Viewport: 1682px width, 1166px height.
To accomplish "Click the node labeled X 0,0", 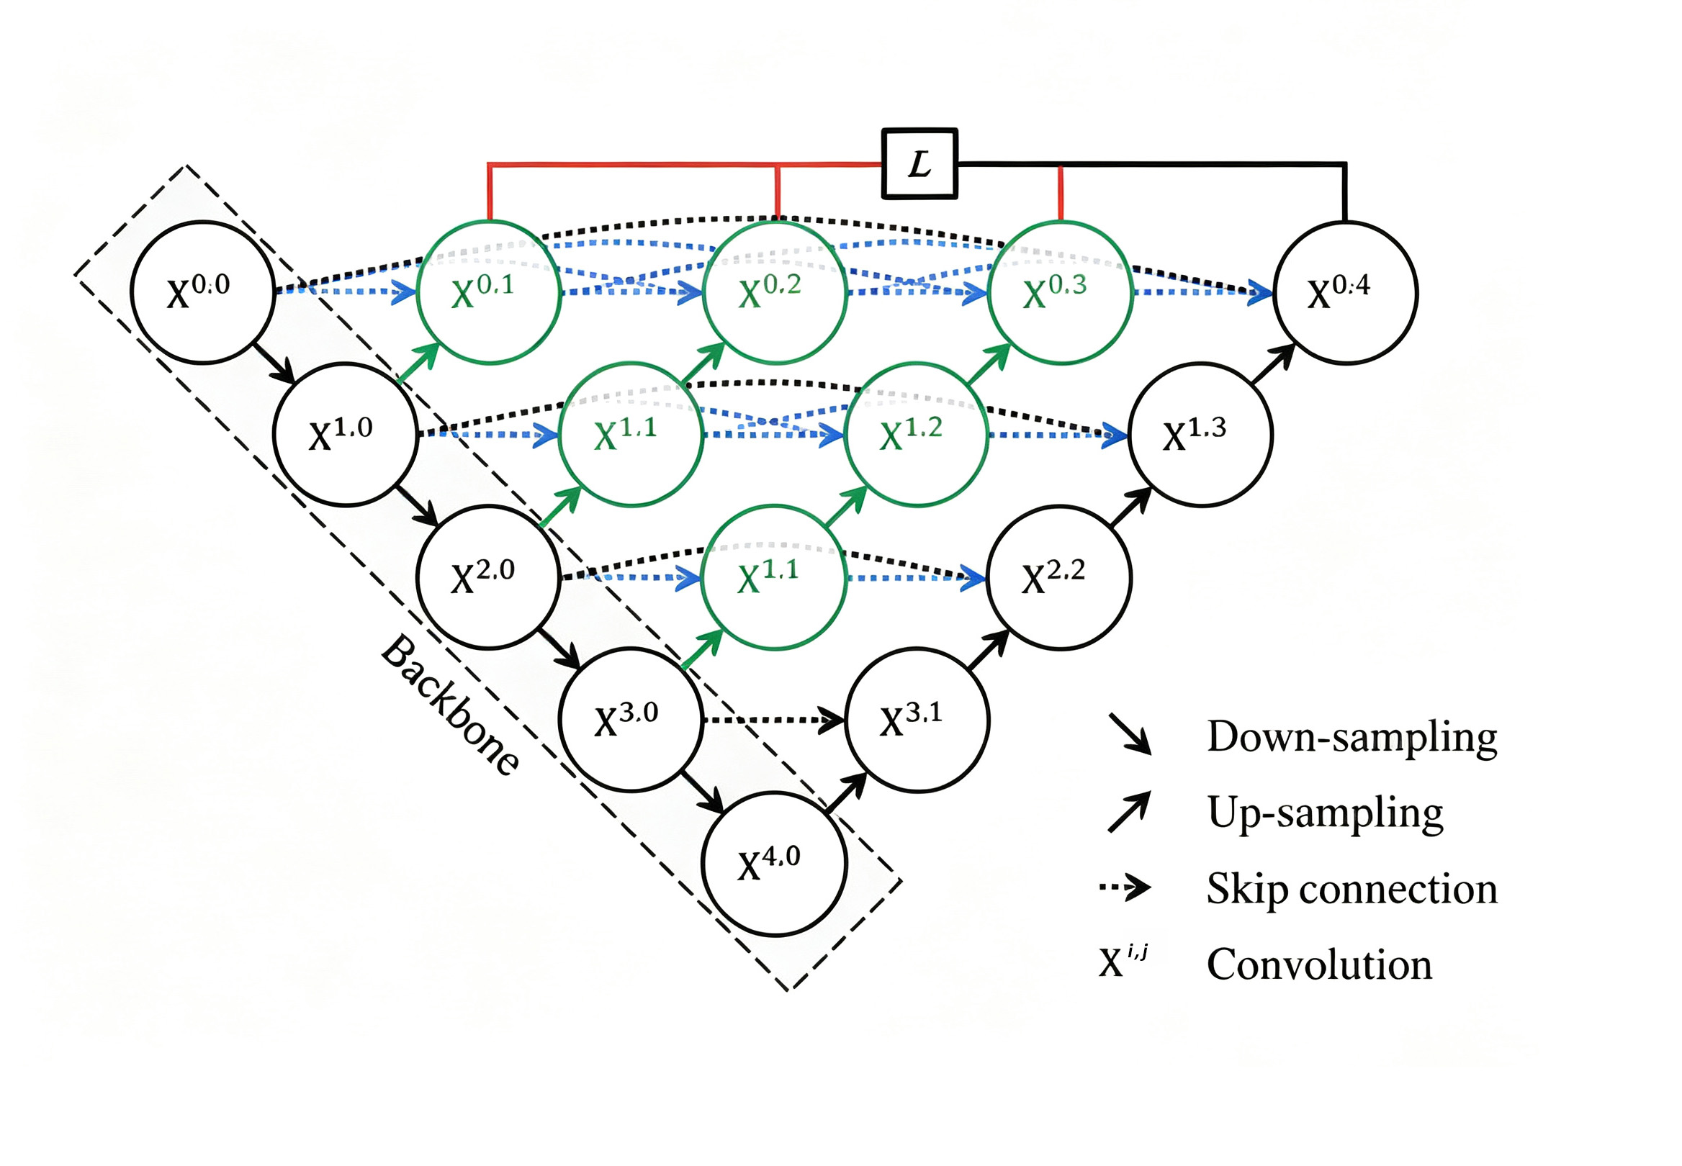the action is point(202,292).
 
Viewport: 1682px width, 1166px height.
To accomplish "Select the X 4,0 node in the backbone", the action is point(774,864).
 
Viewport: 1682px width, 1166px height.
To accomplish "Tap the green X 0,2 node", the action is point(775,292).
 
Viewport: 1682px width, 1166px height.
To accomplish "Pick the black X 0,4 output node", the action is point(1345,292).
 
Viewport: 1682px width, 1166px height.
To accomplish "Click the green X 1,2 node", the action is point(917,435).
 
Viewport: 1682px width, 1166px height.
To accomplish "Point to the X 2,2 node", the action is point(1059,577).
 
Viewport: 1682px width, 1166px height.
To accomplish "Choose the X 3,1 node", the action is point(918,720).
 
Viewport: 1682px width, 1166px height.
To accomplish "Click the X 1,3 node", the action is point(1201,435).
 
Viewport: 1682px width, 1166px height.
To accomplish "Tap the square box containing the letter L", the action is point(919,163).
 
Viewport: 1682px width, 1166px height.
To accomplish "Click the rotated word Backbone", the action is point(451,705).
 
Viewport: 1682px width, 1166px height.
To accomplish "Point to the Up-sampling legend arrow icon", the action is point(1129,811).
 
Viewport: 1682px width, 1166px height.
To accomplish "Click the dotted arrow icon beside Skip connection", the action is point(1125,888).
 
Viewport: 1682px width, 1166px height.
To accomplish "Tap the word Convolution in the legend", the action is point(1319,964).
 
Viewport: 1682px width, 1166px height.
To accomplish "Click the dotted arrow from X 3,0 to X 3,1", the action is point(774,720).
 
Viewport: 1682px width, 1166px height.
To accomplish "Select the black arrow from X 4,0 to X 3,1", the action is point(846,792).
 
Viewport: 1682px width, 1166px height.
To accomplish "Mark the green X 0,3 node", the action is point(1059,292).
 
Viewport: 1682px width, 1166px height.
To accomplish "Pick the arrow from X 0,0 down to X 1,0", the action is point(274,363).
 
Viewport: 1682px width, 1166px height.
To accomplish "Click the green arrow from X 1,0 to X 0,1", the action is point(418,363).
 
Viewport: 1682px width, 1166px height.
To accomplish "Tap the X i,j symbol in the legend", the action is point(1123,961).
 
